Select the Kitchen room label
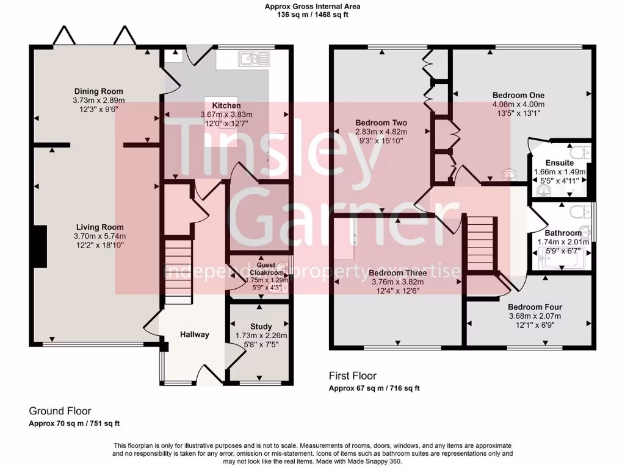[226, 105]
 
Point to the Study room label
[261, 327]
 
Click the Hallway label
[194, 334]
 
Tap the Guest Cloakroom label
[261, 269]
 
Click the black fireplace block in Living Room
[40, 246]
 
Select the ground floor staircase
[178, 271]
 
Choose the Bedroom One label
[518, 95]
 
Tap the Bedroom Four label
[535, 307]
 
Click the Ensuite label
[559, 163]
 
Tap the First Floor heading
[352, 376]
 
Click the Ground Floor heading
[60, 411]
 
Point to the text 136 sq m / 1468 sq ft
[312, 15]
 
